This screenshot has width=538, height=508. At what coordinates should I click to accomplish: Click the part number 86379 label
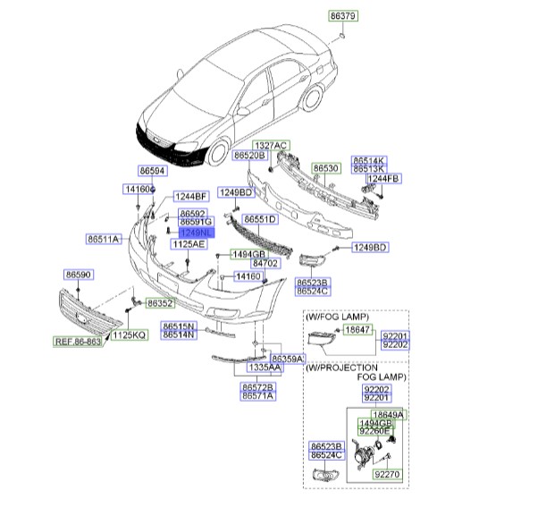pyautogui.click(x=343, y=16)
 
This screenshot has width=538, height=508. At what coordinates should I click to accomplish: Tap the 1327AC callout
pyautogui.click(x=269, y=145)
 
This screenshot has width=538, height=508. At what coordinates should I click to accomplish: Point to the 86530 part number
pyautogui.click(x=325, y=168)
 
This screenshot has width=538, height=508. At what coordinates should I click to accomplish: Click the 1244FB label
pyautogui.click(x=384, y=179)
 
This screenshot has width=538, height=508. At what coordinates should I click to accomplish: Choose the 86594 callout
pyautogui.click(x=152, y=170)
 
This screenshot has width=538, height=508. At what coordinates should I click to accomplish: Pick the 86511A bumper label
pyautogui.click(x=105, y=239)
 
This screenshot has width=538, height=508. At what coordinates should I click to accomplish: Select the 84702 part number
pyautogui.click(x=265, y=264)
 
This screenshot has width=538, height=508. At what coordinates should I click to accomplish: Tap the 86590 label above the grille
pyautogui.click(x=79, y=274)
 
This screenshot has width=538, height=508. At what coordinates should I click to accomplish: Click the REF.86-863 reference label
pyautogui.click(x=78, y=341)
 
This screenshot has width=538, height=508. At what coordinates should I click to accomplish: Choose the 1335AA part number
pyautogui.click(x=264, y=368)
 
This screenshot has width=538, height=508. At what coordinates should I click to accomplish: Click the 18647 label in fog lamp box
pyautogui.click(x=357, y=330)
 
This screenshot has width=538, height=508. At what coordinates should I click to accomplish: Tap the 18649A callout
pyautogui.click(x=389, y=415)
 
